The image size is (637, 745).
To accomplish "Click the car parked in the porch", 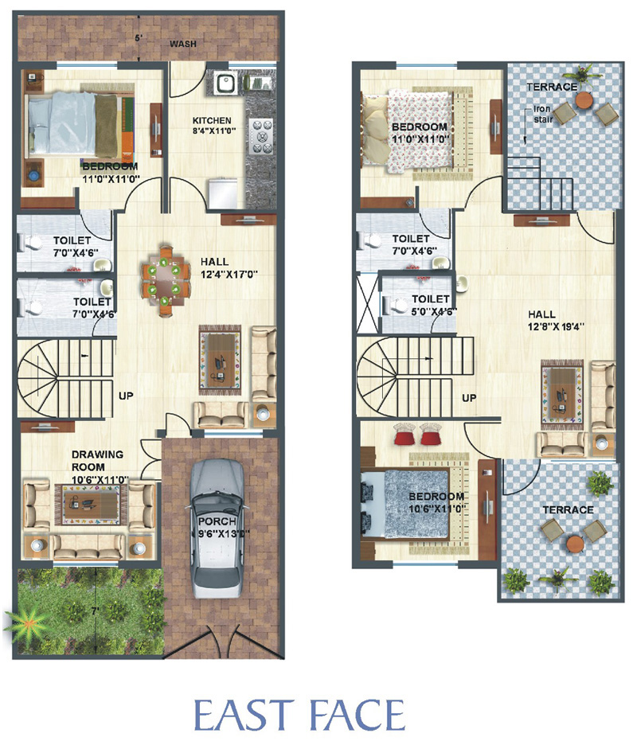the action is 217,528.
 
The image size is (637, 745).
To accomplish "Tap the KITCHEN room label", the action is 212,121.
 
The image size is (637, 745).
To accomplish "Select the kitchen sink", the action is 224,83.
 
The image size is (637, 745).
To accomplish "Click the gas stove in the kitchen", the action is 261,136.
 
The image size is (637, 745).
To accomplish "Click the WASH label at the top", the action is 183,44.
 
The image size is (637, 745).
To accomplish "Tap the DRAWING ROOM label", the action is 97,460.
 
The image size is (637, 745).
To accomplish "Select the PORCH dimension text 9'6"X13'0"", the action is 224,534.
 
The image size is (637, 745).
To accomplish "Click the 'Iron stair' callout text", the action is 543,114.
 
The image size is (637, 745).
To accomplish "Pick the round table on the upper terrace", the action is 584,100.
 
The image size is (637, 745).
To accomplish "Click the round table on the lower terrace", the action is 574,543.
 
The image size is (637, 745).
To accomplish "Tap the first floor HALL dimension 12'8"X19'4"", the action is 556,326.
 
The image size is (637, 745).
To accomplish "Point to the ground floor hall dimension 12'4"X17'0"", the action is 229,274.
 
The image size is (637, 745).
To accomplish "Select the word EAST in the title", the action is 242,715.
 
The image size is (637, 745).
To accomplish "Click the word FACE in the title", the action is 358,715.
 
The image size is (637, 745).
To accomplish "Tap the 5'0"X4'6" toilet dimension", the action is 434,311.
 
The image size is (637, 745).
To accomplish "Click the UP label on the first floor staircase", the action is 469,398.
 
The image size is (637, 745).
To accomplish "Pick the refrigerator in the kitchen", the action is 222,193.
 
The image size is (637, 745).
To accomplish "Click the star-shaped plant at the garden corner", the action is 27,623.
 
